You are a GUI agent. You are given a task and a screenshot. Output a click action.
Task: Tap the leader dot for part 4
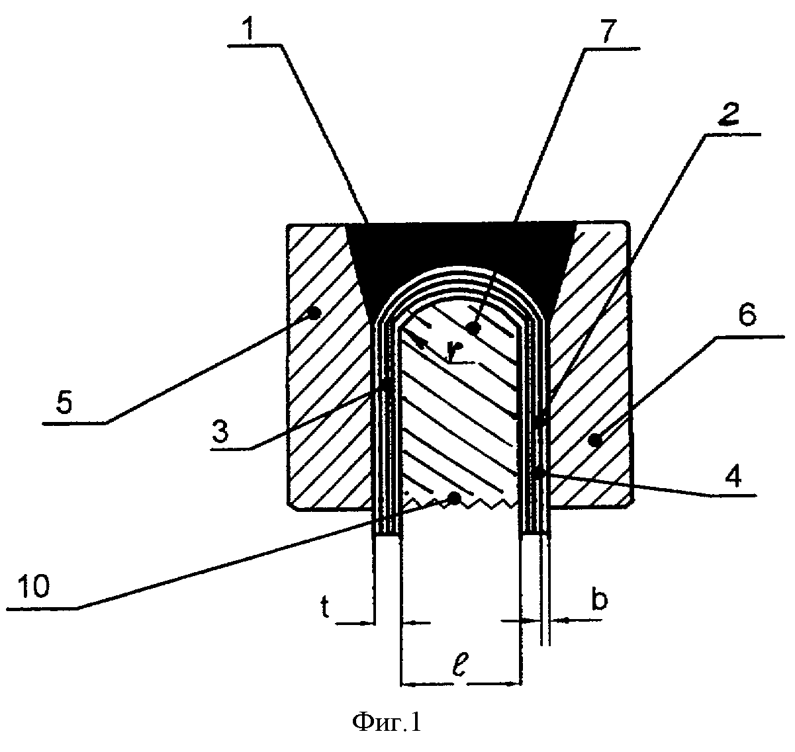click(x=538, y=473)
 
